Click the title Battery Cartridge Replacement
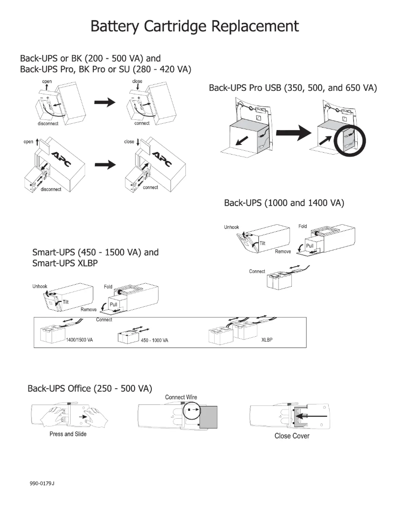tap(195, 26)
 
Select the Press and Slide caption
tap(68, 434)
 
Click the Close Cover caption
tap(292, 436)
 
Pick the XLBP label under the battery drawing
tap(267, 340)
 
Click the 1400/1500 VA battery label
tap(79, 340)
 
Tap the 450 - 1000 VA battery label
tap(155, 341)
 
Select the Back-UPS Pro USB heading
tap(293, 88)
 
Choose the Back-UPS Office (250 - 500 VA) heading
tap(88, 388)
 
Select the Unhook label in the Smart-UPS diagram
tap(40, 287)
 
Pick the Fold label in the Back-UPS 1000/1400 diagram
tap(303, 226)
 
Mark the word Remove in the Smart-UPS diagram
tap(88, 310)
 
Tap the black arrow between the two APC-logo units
tap(108, 164)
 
